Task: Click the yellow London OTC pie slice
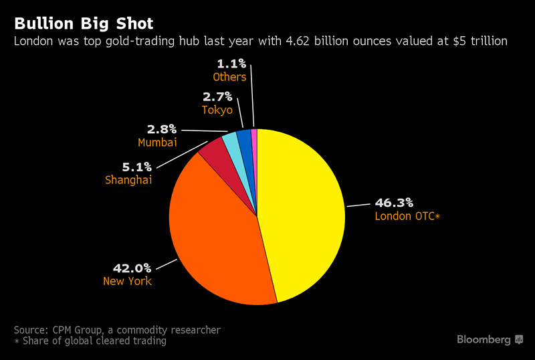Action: click(301, 214)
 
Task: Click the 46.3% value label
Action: click(394, 202)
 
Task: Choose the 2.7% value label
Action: click(217, 96)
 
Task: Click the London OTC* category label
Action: click(407, 216)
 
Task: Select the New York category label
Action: click(127, 281)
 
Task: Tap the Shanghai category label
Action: click(128, 180)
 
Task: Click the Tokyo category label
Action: click(217, 110)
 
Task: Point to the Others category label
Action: click(229, 77)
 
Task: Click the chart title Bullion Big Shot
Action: click(84, 24)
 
